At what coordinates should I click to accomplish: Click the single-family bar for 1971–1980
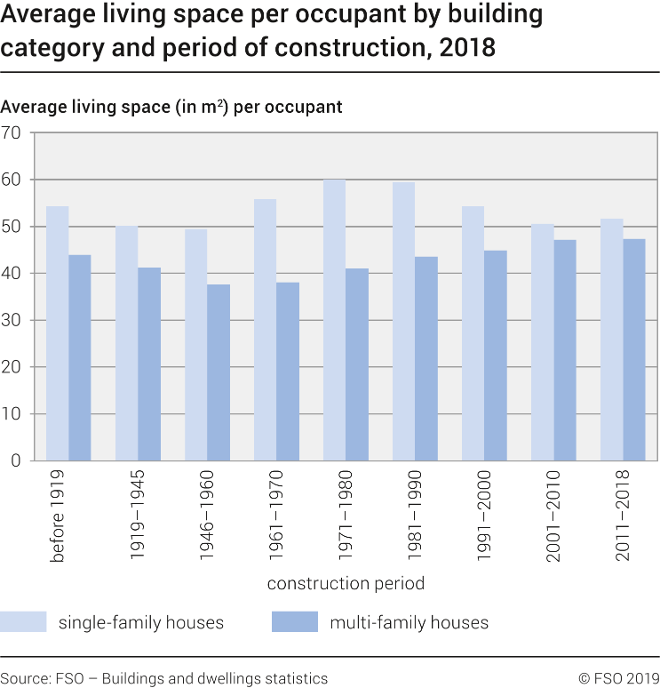(x=334, y=320)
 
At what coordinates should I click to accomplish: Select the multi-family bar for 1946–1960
(x=219, y=372)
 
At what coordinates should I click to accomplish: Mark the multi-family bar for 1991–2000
(x=496, y=356)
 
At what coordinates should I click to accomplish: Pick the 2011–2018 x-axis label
(x=612, y=516)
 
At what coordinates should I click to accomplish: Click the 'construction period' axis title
(x=346, y=584)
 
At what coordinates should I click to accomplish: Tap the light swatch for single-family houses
(x=23, y=621)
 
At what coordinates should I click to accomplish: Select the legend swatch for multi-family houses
(x=294, y=621)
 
